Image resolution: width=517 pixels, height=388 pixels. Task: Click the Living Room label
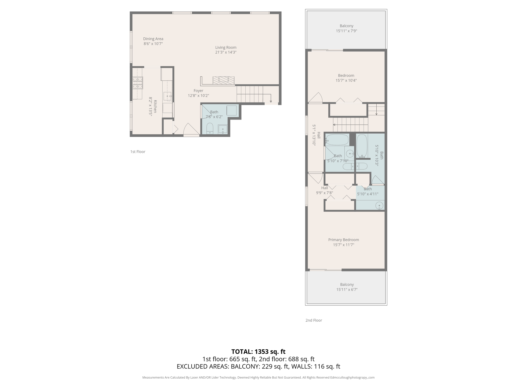tap(226, 47)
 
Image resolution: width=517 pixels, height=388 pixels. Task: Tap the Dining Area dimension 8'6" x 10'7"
tap(153, 44)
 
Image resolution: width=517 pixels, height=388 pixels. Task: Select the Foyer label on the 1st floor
tap(198, 91)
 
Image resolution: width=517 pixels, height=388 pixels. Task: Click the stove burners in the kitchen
tap(138, 83)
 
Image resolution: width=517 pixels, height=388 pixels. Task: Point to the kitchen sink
tap(167, 96)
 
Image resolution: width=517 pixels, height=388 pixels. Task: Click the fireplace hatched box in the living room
tap(223, 80)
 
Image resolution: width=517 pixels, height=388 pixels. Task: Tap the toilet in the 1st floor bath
tap(210, 129)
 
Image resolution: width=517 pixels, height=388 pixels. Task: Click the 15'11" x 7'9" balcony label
tap(346, 31)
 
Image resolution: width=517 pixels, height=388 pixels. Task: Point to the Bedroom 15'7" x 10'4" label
tap(346, 78)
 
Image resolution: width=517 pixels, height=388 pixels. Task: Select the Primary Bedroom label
tap(343, 240)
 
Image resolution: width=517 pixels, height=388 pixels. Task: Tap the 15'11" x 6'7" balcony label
tap(347, 289)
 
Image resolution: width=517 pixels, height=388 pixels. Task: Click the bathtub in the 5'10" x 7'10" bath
tap(337, 140)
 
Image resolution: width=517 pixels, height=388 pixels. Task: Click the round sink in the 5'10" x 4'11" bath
tap(379, 206)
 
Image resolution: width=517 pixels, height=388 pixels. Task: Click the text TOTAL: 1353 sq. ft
tap(258, 352)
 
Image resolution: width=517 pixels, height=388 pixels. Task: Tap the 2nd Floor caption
tap(314, 320)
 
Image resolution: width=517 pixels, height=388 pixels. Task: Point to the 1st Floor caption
tap(138, 152)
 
